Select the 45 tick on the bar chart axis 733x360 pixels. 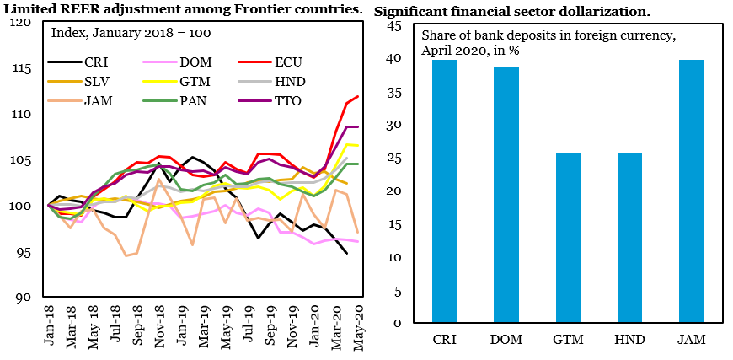coord(395,26)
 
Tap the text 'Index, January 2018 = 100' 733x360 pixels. coord(131,33)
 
